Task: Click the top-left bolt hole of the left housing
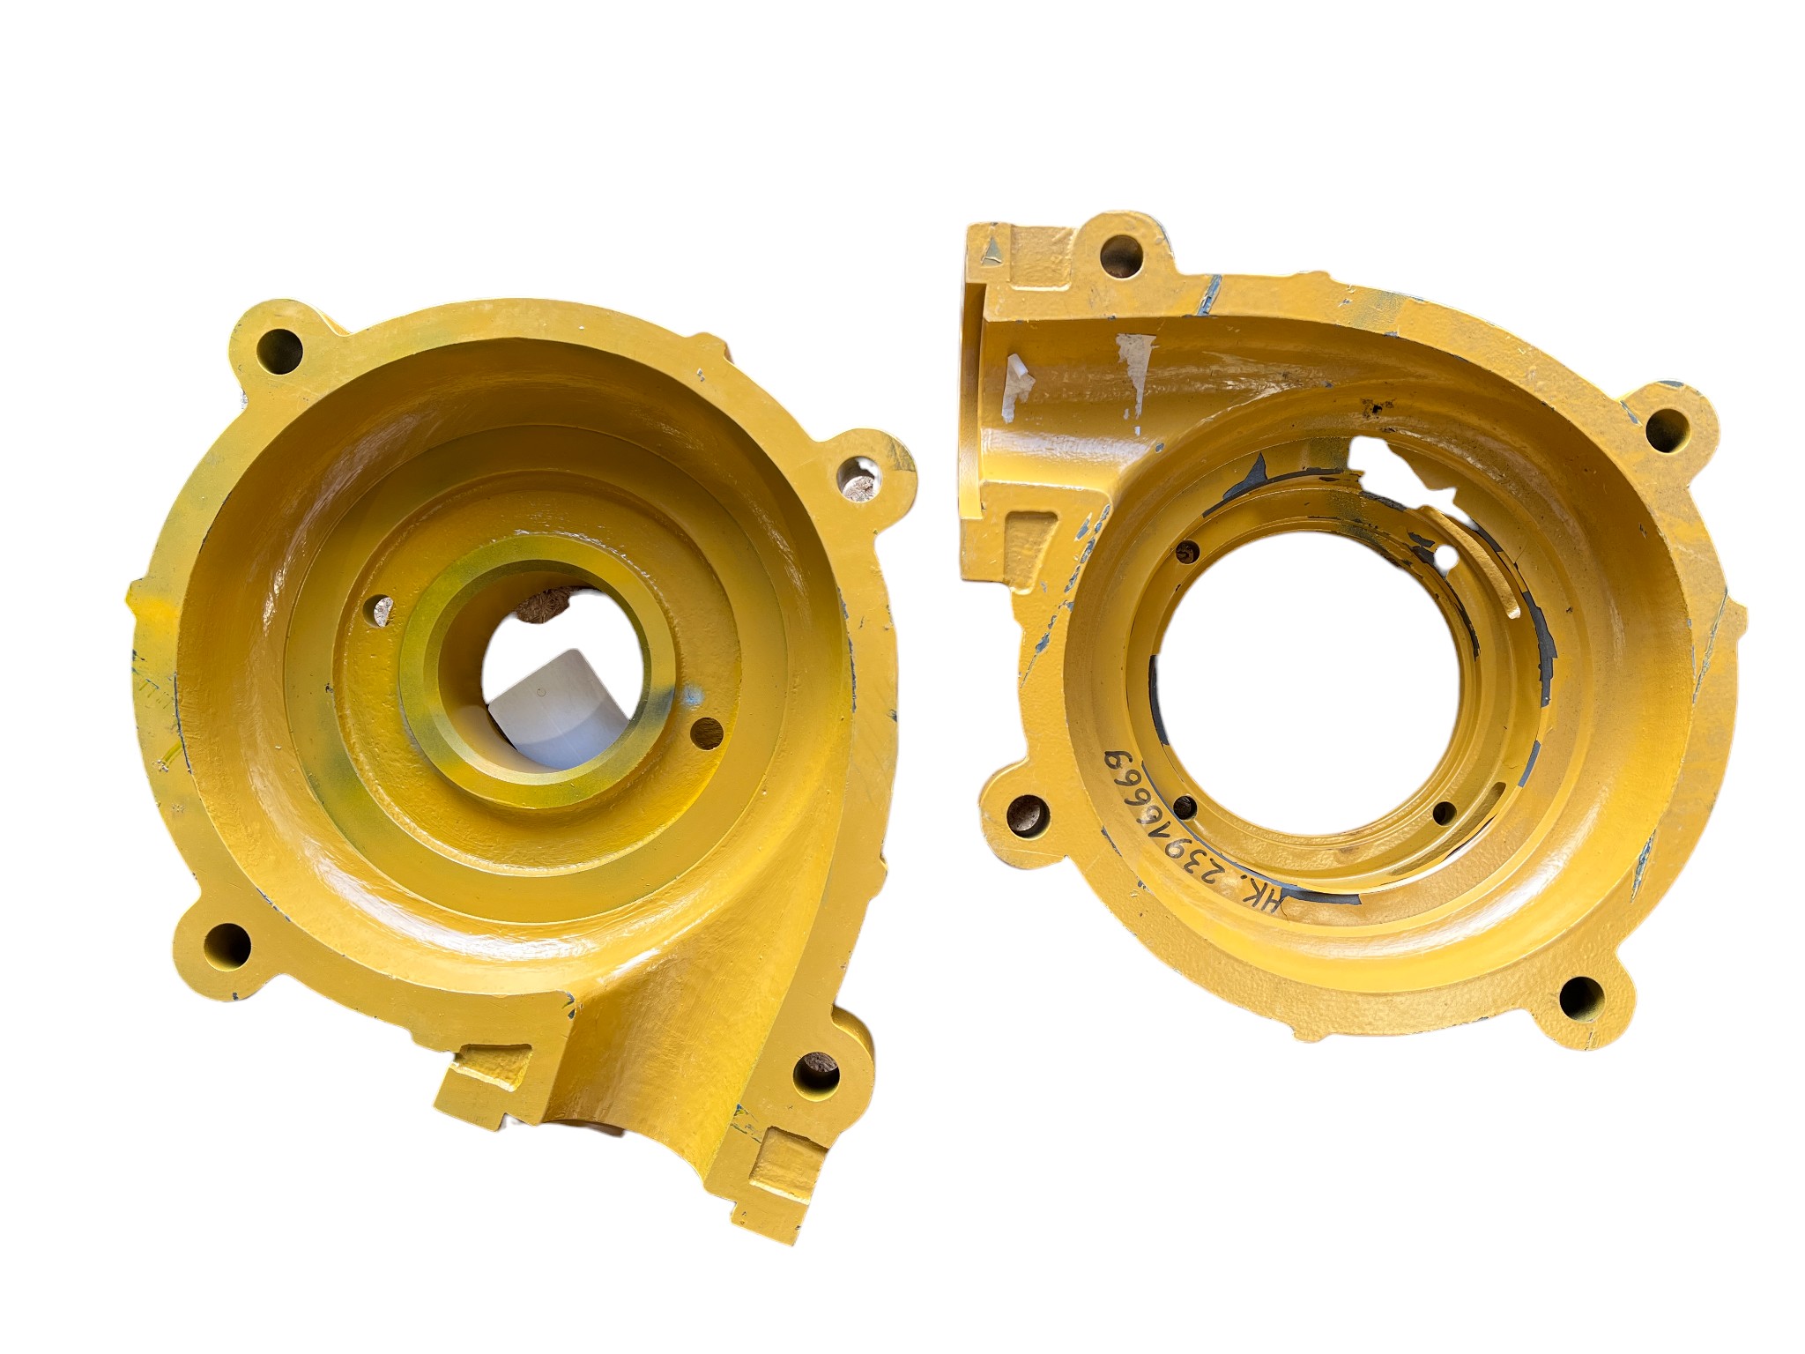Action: click(280, 345)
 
